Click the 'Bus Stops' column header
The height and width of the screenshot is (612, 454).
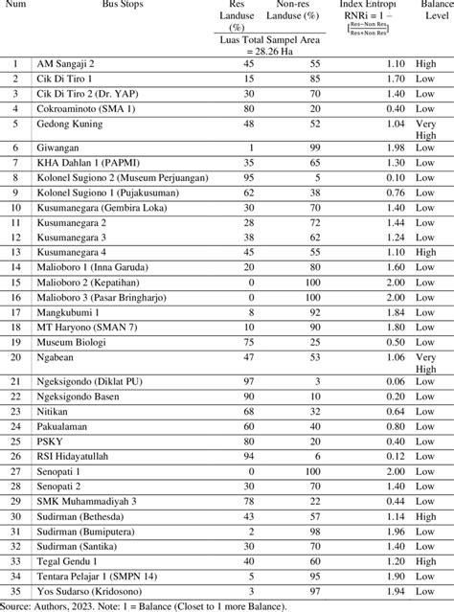click(x=119, y=5)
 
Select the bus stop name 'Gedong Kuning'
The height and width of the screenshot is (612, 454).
click(x=68, y=124)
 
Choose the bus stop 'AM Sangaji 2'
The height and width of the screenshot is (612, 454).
click(x=66, y=63)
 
